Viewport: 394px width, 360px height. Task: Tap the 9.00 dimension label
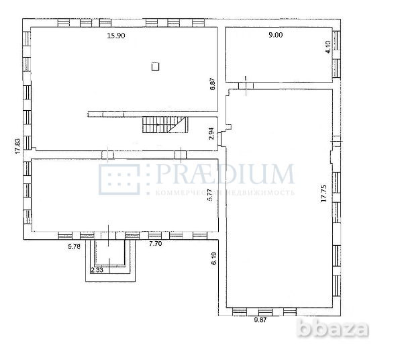point(258,36)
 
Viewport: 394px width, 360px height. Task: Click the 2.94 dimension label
point(211,133)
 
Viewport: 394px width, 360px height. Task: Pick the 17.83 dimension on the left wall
point(18,146)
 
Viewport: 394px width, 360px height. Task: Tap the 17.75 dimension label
point(323,194)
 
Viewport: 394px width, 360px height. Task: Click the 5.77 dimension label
point(210,195)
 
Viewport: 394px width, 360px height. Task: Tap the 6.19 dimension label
point(213,259)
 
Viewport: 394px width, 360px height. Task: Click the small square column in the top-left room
point(155,66)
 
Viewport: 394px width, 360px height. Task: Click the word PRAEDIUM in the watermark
point(225,175)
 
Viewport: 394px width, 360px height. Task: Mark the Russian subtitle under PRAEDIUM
point(225,192)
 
